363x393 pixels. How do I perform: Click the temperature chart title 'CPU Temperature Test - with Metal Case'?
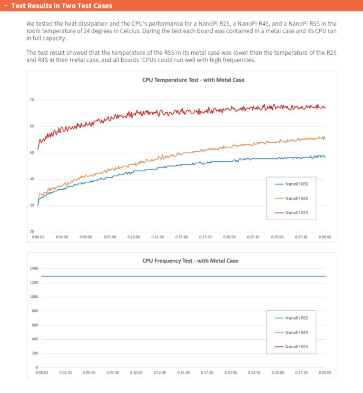[193, 80]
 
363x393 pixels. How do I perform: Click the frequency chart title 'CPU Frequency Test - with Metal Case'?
[190, 261]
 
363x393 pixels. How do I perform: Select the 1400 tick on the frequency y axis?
[33, 268]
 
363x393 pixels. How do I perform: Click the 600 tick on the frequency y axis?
[34, 325]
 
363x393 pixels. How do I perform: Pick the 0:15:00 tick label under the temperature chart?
[181, 237]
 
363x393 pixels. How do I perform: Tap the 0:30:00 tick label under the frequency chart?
[325, 373]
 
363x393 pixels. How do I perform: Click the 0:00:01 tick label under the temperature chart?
[38, 237]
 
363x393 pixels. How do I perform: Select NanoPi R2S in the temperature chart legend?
[297, 213]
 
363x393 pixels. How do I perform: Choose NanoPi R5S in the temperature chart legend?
[297, 184]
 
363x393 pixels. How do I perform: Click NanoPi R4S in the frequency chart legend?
[297, 333]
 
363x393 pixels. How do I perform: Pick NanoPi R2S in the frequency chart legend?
[297, 347]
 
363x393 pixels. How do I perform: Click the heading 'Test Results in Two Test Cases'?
[61, 6]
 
